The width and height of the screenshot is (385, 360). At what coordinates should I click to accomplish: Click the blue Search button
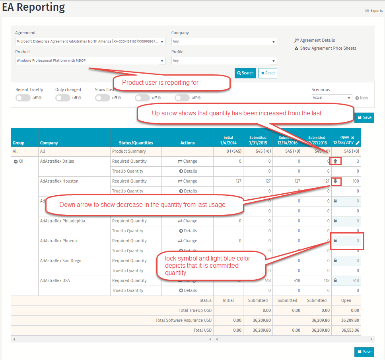tap(245, 73)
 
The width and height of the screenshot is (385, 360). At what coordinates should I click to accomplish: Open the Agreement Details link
tap(317, 40)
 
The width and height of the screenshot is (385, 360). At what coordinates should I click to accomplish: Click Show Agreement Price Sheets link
tap(328, 48)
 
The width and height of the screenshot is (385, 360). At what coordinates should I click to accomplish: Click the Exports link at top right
tap(374, 11)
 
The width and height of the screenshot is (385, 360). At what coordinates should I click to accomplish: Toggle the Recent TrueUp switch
tap(23, 98)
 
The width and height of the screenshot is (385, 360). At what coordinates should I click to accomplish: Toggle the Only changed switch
tap(63, 98)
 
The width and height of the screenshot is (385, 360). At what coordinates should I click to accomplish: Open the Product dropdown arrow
tap(162, 61)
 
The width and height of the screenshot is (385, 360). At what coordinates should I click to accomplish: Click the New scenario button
tap(362, 98)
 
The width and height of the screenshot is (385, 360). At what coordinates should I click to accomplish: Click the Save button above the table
tap(364, 117)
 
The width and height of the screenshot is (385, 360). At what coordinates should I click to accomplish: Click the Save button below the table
tap(364, 352)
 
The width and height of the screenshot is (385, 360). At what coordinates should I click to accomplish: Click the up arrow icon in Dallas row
tap(335, 161)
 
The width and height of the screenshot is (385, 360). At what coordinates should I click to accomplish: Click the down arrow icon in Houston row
tap(335, 181)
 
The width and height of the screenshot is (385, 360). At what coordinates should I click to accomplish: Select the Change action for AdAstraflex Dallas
tap(187, 161)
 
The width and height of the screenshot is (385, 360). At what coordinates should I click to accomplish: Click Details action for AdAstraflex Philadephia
tap(188, 231)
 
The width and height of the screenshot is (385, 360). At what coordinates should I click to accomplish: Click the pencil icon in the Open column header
tap(358, 143)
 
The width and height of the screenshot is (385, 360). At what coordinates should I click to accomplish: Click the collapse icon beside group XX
tap(16, 162)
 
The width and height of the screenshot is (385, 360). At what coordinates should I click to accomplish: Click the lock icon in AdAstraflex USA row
tap(335, 280)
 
